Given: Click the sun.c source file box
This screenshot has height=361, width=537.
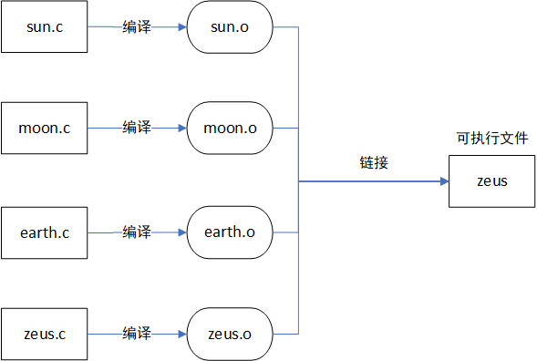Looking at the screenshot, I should click(44, 27).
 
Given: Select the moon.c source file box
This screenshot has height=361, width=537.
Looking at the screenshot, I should click(44, 128).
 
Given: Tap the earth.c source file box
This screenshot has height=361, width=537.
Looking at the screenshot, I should click(44, 232).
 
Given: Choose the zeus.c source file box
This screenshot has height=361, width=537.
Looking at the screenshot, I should click(44, 334).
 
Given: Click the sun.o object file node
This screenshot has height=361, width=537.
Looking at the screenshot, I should click(229, 27).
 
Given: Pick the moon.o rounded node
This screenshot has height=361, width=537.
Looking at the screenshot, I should click(229, 128).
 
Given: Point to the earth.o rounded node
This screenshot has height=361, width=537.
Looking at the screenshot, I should click(229, 232).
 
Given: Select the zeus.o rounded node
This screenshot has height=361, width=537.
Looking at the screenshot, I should click(229, 334).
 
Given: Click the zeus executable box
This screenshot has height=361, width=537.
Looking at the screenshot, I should click(491, 180).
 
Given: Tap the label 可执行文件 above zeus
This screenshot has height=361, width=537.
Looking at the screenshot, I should click(491, 139).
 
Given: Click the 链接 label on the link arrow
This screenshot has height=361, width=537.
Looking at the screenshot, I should click(374, 163).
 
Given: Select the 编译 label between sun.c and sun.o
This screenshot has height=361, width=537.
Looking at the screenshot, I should click(137, 27).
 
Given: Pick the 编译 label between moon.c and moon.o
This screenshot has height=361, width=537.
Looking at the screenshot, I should click(137, 128).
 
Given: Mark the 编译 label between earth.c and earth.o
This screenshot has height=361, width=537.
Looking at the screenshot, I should click(137, 232).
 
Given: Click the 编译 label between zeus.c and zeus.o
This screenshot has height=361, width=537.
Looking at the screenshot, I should click(137, 334).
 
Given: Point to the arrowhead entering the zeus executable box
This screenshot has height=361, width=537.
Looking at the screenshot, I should click(444, 180).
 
